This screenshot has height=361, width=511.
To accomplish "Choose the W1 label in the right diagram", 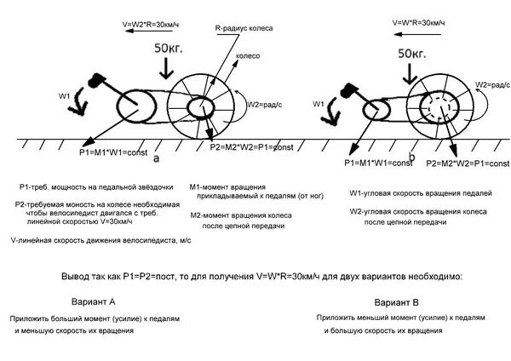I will coord(320,102).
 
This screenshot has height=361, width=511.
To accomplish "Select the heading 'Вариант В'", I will coord(397,301).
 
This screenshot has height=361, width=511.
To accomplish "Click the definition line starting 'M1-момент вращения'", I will coord(228,186).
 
